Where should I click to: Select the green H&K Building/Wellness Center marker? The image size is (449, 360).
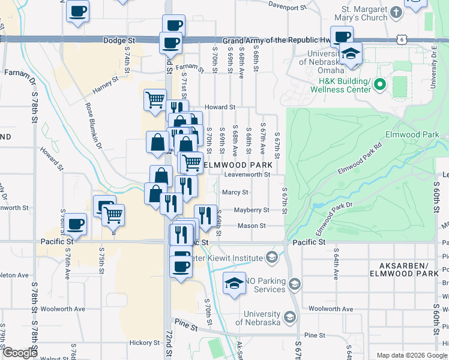click(x=379, y=85)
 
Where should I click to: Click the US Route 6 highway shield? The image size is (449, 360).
click(x=402, y=38)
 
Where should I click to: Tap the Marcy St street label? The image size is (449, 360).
click(x=235, y=193)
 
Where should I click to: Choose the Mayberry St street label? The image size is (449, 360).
click(x=252, y=210)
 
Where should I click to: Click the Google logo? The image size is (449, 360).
click(x=19, y=353)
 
